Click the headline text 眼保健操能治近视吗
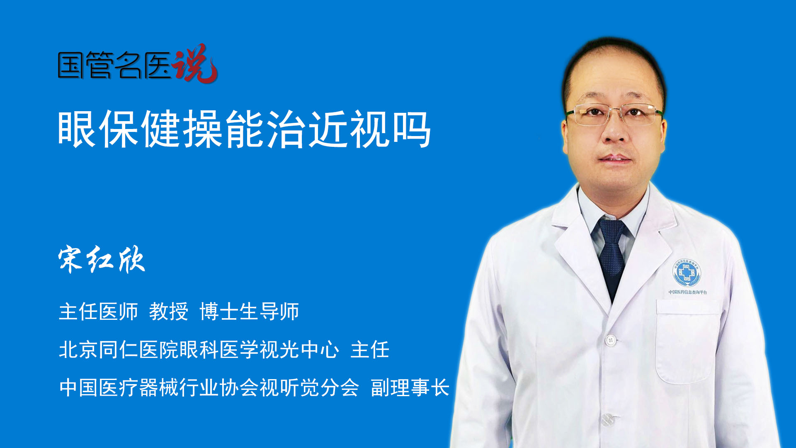click(x=245, y=129)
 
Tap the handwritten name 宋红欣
click(x=102, y=259)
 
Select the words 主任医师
click(x=98, y=312)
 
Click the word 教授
click(x=169, y=312)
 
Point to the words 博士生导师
click(x=249, y=312)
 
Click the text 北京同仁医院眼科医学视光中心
click(x=199, y=350)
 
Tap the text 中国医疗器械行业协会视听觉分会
click(x=209, y=388)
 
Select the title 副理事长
click(x=410, y=388)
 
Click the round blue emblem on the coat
click(x=687, y=273)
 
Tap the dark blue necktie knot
click(x=612, y=230)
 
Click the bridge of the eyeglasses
click(x=615, y=111)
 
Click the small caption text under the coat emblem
click(x=688, y=292)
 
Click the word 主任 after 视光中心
click(x=370, y=350)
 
